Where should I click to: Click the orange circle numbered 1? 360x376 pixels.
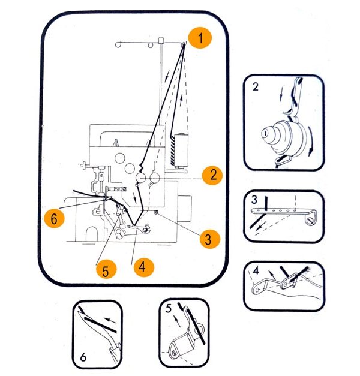200,38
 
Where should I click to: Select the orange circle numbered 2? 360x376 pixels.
212,175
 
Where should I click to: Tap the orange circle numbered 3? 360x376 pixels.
210,239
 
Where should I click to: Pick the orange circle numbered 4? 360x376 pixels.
144,267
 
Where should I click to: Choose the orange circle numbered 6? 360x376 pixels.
54,218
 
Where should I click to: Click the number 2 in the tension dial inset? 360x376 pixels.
256,86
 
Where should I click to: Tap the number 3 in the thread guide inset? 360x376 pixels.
254,200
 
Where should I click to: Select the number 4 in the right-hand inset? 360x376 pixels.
256,270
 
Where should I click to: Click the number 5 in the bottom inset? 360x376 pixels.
169,308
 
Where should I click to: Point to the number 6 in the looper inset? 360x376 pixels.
83,357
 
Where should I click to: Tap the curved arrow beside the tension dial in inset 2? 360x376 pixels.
311,142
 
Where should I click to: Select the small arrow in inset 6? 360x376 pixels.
110,320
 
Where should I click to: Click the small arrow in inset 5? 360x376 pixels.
177,321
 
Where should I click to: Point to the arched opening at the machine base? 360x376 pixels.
92,234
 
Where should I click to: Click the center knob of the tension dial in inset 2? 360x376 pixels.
266,133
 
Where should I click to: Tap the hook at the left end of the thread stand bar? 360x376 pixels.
118,44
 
